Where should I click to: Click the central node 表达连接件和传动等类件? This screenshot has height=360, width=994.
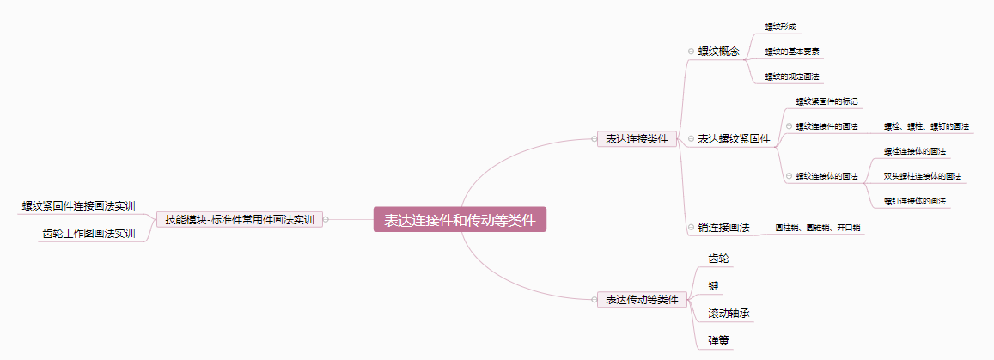(x=460, y=220)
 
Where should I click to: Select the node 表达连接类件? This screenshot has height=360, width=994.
(x=637, y=138)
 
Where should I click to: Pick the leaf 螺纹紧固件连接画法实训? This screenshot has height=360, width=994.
(x=79, y=206)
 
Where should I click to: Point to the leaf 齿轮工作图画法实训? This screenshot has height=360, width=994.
(x=88, y=233)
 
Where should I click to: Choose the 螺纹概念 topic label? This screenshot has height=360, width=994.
(x=718, y=51)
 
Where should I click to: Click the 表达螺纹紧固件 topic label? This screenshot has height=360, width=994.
(x=734, y=138)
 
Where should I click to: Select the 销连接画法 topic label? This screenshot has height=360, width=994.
(x=723, y=228)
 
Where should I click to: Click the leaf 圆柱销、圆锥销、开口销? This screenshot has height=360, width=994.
(x=818, y=228)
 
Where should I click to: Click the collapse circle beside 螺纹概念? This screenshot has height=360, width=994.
(x=691, y=51)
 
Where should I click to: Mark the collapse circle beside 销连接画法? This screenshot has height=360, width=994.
(x=691, y=228)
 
